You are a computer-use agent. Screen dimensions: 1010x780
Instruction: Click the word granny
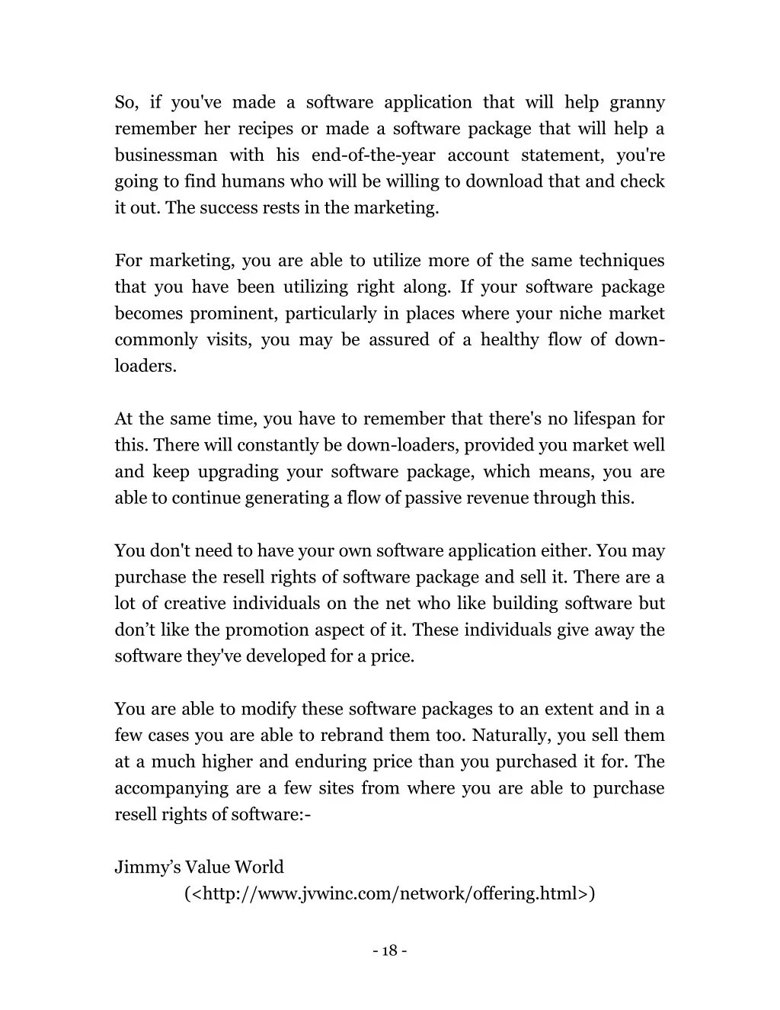tap(637, 103)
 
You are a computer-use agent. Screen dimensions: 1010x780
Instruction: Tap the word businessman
tap(165, 156)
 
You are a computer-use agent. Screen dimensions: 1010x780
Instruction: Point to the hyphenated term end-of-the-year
tap(373, 156)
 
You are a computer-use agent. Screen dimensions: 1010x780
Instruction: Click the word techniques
tap(622, 261)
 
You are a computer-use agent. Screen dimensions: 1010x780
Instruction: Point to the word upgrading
tap(238, 472)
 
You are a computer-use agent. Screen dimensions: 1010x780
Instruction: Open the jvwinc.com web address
tap(389, 893)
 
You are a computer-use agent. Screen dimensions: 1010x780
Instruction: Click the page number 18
tap(390, 951)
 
